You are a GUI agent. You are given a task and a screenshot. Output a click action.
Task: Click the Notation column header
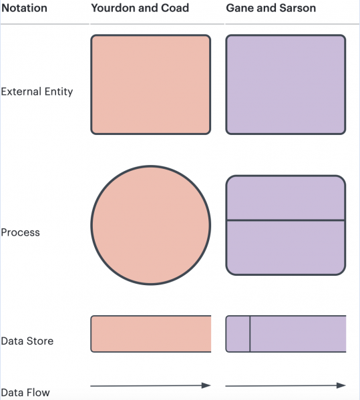pyautogui.click(x=24, y=8)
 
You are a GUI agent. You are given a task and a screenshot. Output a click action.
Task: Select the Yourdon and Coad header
pyautogui.click(x=140, y=8)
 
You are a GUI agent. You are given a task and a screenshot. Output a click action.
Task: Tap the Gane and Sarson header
pyautogui.click(x=271, y=8)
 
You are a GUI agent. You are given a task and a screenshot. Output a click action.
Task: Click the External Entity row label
pyautogui.click(x=37, y=91)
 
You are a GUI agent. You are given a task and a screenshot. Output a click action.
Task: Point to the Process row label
pyautogui.click(x=21, y=232)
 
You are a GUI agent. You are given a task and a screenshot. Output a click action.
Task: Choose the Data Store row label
pyautogui.click(x=27, y=341)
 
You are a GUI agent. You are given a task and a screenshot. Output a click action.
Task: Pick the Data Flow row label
pyautogui.click(x=25, y=393)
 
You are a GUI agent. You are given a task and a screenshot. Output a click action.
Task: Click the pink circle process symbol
pyautogui.click(x=151, y=225)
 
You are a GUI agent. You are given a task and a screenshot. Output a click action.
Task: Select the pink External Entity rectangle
pyautogui.click(x=151, y=84)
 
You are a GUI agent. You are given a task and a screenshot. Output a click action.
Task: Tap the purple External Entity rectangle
pyautogui.click(x=286, y=84)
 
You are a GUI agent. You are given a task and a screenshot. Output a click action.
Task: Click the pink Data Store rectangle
pyautogui.click(x=151, y=334)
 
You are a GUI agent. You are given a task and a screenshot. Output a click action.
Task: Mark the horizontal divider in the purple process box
pyautogui.click(x=286, y=220)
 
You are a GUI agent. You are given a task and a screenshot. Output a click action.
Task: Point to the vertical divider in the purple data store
pyautogui.click(x=250, y=334)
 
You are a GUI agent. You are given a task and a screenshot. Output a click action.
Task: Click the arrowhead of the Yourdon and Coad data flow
pyautogui.click(x=206, y=385)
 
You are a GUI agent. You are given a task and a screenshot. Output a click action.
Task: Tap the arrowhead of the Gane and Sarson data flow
pyautogui.click(x=341, y=385)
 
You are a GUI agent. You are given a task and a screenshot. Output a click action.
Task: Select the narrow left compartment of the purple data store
pyautogui.click(x=238, y=334)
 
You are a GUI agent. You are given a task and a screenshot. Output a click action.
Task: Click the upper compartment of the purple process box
pyautogui.click(x=286, y=198)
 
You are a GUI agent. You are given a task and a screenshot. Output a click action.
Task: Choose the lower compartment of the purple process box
pyautogui.click(x=286, y=248)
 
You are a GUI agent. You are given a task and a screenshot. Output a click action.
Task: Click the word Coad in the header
pyautogui.click(x=175, y=8)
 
